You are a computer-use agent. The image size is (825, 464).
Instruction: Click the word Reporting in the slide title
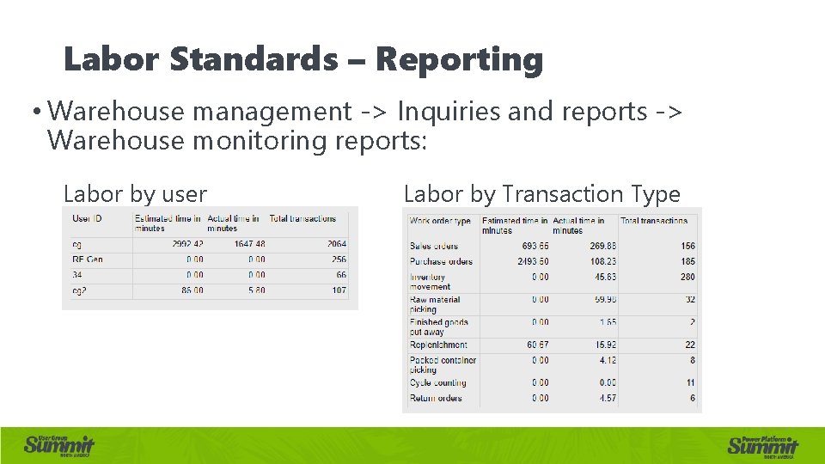coord(459,60)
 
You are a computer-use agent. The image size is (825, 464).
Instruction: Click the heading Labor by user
coord(135,194)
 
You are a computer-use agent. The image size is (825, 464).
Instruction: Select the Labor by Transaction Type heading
coord(541,194)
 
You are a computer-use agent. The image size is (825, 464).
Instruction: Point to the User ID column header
coord(87,219)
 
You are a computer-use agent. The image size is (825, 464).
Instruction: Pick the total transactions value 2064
coord(336,244)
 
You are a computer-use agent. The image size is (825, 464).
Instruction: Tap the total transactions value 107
coord(339,290)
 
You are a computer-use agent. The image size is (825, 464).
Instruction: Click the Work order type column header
coord(440,221)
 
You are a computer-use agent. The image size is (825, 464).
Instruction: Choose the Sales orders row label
coord(434,246)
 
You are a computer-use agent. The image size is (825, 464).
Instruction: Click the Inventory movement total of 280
coord(687,277)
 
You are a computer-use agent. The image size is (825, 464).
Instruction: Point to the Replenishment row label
coord(438,345)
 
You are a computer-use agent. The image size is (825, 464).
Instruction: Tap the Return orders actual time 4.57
coord(607,398)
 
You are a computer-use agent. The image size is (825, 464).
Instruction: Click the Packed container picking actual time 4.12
coord(607,360)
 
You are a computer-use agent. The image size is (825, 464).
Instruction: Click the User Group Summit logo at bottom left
coord(59,445)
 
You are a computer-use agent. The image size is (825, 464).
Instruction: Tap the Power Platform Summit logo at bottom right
coord(763,445)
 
